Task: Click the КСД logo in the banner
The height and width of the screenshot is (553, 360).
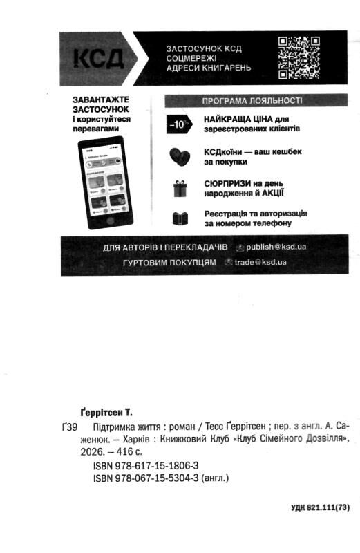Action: pyautogui.click(x=97, y=57)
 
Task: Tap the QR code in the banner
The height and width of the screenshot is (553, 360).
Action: pyautogui.click(x=299, y=57)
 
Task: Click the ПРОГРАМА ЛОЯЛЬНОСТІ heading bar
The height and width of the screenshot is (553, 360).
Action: pyautogui.click(x=252, y=101)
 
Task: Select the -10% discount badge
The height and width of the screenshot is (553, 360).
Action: pyautogui.click(x=178, y=124)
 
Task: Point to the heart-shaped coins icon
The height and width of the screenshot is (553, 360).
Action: pyautogui.click(x=179, y=156)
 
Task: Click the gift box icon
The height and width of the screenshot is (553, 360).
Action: pyautogui.click(x=180, y=187)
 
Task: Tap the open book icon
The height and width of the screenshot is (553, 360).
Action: pyautogui.click(x=180, y=219)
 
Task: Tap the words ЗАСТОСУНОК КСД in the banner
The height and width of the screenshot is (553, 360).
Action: pyautogui.click(x=203, y=48)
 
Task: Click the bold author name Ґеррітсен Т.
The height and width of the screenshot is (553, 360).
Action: pyautogui.click(x=106, y=413)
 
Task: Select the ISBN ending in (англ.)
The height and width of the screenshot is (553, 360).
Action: pyautogui.click(x=160, y=478)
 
